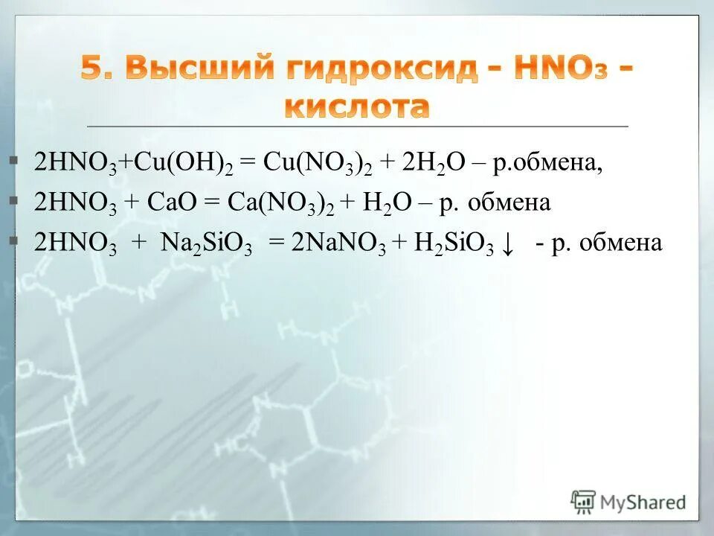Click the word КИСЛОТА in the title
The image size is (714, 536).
pyautogui.click(x=357, y=107)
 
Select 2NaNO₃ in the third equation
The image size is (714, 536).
pyautogui.click(x=339, y=245)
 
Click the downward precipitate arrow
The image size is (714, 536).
pyautogui.click(x=508, y=245)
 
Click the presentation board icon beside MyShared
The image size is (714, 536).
pyautogui.click(x=583, y=502)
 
